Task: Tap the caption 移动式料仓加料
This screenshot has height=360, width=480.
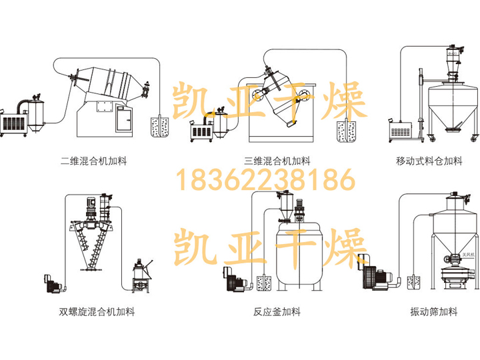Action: (429, 161)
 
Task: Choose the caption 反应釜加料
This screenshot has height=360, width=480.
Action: (277, 311)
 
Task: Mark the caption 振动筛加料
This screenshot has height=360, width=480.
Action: (434, 311)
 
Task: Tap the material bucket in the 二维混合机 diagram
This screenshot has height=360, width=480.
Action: (159, 127)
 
